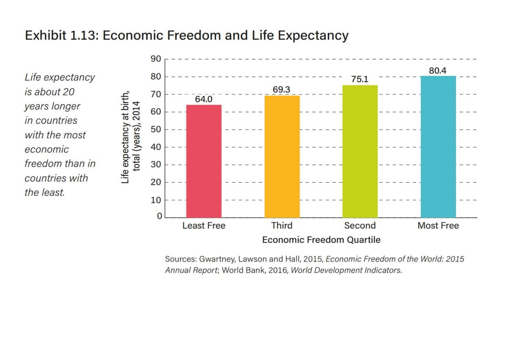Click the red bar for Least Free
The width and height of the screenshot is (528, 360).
(x=204, y=161)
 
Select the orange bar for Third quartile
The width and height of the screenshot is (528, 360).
(x=282, y=157)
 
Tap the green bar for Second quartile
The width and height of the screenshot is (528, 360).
(x=360, y=151)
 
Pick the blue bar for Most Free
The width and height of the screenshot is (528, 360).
(x=438, y=147)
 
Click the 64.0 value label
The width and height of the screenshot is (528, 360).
(x=203, y=99)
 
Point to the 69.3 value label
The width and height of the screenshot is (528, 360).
(x=282, y=90)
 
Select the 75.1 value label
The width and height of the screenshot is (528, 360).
(x=360, y=80)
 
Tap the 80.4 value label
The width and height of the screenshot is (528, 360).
(x=438, y=71)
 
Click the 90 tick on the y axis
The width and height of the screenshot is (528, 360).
(x=156, y=59)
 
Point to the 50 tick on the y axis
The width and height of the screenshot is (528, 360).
(x=156, y=129)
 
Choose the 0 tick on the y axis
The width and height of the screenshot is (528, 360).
(x=159, y=217)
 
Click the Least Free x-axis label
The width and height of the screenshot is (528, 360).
(x=204, y=226)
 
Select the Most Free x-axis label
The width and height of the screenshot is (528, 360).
(x=438, y=226)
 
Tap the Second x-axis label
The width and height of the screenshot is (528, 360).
(x=360, y=226)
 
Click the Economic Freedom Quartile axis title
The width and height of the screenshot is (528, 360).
(x=321, y=240)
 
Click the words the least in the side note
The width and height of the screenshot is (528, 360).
(x=45, y=192)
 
